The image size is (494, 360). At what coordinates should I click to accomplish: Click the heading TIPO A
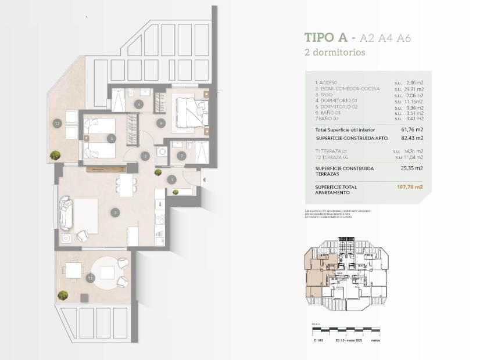[326, 38]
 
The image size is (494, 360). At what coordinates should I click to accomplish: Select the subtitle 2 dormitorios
[335, 52]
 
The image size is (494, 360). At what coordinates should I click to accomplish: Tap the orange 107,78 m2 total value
[410, 188]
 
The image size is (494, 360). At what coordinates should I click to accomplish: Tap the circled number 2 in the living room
[116, 213]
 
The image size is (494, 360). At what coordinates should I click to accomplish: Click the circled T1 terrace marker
[90, 279]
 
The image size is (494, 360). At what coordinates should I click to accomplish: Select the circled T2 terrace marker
[57, 123]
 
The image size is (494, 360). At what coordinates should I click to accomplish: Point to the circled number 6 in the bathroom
[138, 104]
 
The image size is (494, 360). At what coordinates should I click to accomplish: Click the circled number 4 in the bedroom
[160, 123]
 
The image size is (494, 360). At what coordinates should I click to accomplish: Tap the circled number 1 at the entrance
[172, 180]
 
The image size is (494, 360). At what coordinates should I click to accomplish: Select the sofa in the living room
[65, 213]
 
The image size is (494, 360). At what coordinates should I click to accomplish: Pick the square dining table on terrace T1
[73, 270]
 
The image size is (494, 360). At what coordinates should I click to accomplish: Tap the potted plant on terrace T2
[55, 155]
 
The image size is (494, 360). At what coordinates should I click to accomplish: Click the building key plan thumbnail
[343, 276]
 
